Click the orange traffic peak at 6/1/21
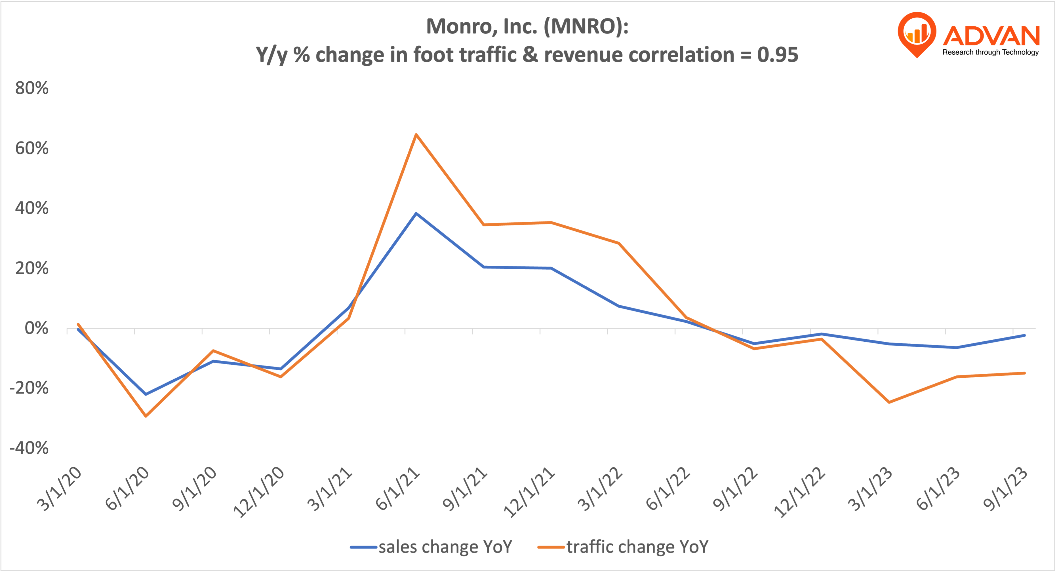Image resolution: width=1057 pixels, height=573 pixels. coord(416,135)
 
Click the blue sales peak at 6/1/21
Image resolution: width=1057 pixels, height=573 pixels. coord(416,213)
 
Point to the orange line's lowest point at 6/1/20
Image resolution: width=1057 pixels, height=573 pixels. coord(146,416)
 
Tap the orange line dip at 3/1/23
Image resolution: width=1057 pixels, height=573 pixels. coord(889,402)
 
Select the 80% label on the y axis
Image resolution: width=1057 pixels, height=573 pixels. coord(31,88)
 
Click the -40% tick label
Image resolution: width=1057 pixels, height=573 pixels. coord(29,448)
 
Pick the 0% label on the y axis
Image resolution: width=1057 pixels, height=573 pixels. coord(36,328)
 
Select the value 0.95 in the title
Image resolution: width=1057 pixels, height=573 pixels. coord(778,54)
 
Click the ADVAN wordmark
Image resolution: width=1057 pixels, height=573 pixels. coord(991,36)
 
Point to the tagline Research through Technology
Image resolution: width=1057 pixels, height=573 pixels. coord(991,52)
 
